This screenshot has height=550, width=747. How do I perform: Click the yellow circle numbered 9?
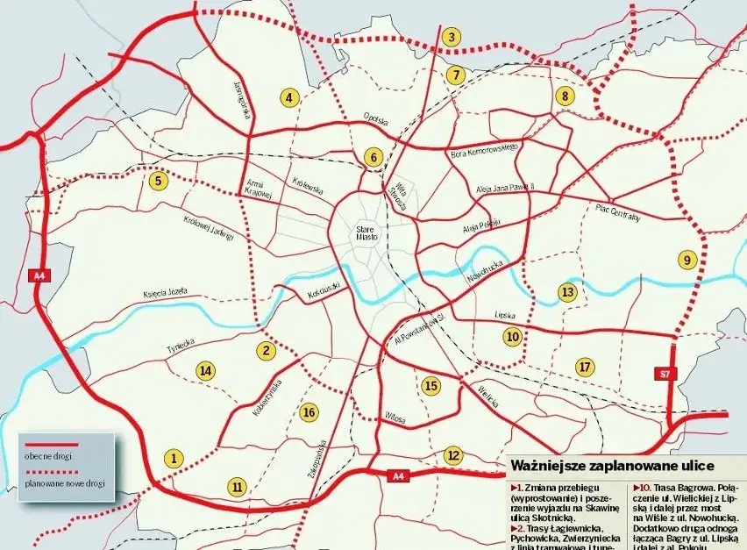tap(687, 260)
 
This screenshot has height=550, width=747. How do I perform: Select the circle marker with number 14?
tap(205, 371)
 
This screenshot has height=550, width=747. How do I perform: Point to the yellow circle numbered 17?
tap(585, 366)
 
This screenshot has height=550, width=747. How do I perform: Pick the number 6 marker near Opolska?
tap(373, 158)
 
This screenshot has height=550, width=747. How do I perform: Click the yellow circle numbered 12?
tap(452, 454)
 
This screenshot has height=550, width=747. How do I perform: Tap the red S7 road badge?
tap(666, 375)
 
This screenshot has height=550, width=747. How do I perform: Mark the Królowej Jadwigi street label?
tap(209, 226)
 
